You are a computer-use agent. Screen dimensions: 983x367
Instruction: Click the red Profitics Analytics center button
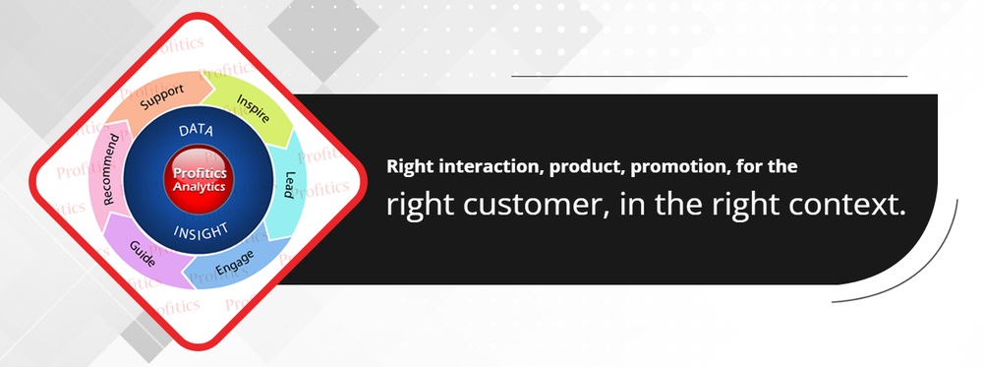click(199, 179)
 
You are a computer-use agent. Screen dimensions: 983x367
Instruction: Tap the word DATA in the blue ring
click(196, 130)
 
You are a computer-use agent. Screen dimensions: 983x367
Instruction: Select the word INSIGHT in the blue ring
click(201, 230)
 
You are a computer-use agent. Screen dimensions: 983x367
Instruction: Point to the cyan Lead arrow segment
click(288, 185)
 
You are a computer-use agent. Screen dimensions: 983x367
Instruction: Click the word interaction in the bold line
click(467, 167)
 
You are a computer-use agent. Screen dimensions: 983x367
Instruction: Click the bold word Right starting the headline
click(406, 167)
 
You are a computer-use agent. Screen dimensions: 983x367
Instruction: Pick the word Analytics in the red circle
click(199, 186)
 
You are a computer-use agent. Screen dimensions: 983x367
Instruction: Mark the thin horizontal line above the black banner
click(709, 76)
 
